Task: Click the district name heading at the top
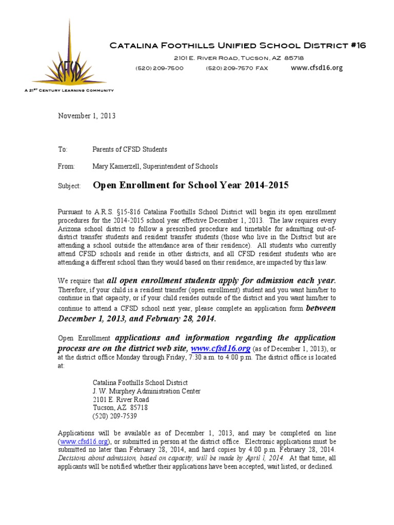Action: click(238, 46)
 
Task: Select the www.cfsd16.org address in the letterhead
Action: click(316, 68)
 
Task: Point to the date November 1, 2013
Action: click(86, 116)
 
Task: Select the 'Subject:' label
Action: click(69, 187)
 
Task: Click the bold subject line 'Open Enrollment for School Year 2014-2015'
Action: click(190, 186)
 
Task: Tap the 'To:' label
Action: click(63, 149)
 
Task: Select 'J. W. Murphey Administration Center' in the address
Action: click(146, 391)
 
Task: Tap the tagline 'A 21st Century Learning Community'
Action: click(69, 90)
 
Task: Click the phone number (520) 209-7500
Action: click(159, 68)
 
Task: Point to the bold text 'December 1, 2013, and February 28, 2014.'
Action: click(137, 319)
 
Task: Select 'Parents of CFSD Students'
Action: click(130, 149)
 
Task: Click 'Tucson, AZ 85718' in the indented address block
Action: click(120, 408)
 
